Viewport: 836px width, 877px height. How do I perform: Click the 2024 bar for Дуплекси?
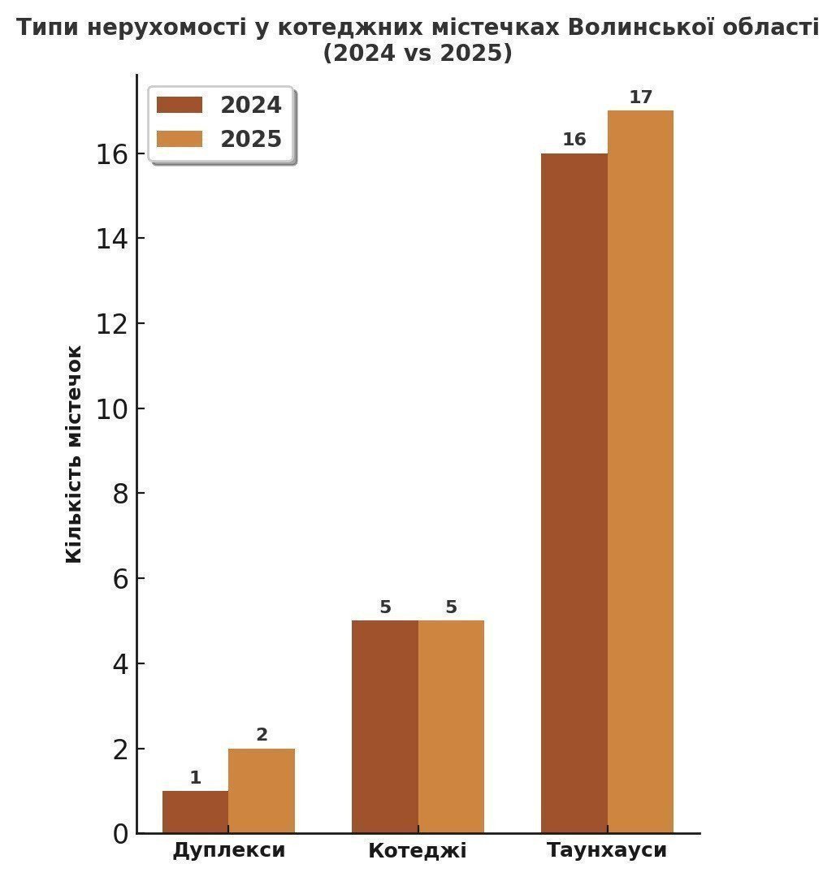click(195, 811)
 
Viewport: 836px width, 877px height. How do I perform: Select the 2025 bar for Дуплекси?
click(261, 790)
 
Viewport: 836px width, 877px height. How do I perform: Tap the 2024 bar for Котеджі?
click(384, 726)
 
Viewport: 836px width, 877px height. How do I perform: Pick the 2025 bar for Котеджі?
click(451, 726)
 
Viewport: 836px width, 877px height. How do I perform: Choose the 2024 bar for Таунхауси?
click(574, 492)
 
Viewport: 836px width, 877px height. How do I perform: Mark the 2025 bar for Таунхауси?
click(640, 471)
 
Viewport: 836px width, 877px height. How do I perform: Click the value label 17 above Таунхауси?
click(640, 97)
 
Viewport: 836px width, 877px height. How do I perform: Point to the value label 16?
click(574, 140)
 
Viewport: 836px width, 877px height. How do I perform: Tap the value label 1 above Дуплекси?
click(195, 778)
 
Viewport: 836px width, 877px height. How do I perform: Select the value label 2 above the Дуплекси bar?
click(262, 735)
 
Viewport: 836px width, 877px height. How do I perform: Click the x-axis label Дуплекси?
click(228, 850)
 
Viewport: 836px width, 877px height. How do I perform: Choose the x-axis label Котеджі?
click(418, 851)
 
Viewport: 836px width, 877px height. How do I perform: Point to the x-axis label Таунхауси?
click(607, 850)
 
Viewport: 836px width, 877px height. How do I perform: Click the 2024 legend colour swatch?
click(179, 106)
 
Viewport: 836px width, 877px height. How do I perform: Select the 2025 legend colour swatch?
click(179, 139)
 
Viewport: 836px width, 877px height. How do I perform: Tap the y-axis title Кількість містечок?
click(74, 453)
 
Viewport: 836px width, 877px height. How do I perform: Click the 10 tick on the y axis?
click(111, 408)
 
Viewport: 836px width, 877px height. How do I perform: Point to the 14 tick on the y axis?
click(111, 238)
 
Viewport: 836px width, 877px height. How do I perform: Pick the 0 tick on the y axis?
click(119, 834)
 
